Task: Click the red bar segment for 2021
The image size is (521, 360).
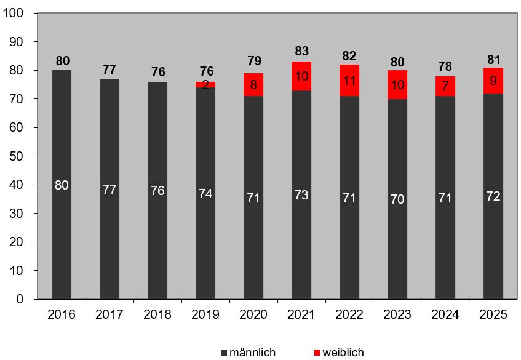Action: coord(301,76)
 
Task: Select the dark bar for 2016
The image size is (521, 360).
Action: coord(62,185)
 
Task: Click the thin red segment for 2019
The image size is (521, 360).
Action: coord(205,85)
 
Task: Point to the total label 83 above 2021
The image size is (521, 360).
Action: coord(301,51)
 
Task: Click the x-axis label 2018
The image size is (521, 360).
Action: coord(157,314)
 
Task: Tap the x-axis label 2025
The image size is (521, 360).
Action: coord(493,314)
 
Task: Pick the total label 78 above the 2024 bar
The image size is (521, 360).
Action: coord(445,66)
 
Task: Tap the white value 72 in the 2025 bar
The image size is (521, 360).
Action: coord(493,196)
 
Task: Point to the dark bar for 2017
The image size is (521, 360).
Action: coord(109,189)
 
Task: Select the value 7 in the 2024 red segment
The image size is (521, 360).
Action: coord(445,86)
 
